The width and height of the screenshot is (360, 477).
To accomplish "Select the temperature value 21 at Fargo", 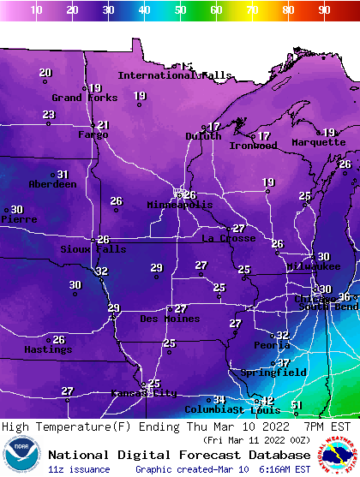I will point(103,125).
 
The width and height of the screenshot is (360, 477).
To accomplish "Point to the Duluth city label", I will point(203,136).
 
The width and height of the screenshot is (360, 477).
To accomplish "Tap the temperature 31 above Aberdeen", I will point(63,175).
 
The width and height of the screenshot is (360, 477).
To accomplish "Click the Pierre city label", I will point(17,219).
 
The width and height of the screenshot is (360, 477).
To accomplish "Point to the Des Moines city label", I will point(170,319).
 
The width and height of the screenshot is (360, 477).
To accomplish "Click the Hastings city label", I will point(48,349).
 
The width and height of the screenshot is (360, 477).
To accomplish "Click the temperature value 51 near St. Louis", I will point(297,405).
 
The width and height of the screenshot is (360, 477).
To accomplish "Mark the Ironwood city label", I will point(253,146).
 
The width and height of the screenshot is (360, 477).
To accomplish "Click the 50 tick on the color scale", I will point(180,9).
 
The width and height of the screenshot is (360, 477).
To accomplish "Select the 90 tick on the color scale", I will point(324,9).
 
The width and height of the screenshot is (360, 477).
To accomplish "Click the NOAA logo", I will point(21,456).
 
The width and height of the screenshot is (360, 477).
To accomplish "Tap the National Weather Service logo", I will point(339,456).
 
